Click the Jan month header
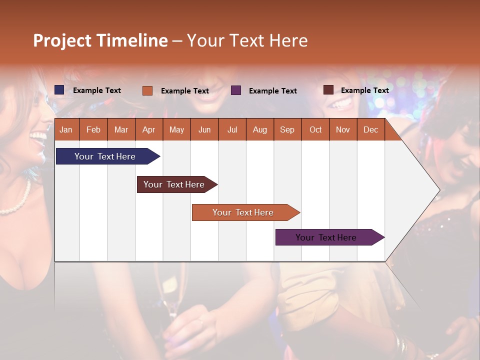(x=66, y=129)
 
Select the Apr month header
(x=149, y=129)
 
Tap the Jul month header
(x=232, y=129)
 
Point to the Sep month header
(x=287, y=129)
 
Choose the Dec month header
(x=370, y=129)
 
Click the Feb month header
(x=93, y=129)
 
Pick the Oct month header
(x=315, y=129)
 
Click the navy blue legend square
(x=59, y=90)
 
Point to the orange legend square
(x=147, y=90)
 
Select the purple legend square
(x=236, y=90)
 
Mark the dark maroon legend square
(x=328, y=90)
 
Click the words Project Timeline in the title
(x=100, y=40)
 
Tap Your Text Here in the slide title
(x=247, y=40)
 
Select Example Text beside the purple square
(x=272, y=91)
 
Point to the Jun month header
(x=204, y=129)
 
